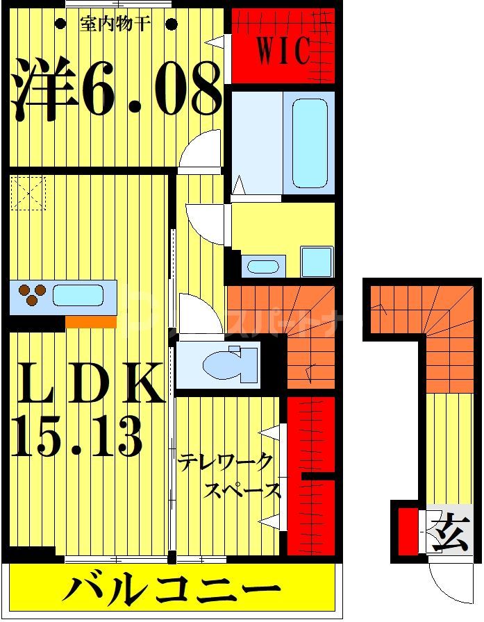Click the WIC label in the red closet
click(x=283, y=52)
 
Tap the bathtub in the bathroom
click(x=309, y=142)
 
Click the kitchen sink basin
click(x=78, y=296)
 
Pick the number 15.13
click(x=76, y=435)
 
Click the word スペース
click(x=243, y=490)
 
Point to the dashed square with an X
click(x=28, y=192)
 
